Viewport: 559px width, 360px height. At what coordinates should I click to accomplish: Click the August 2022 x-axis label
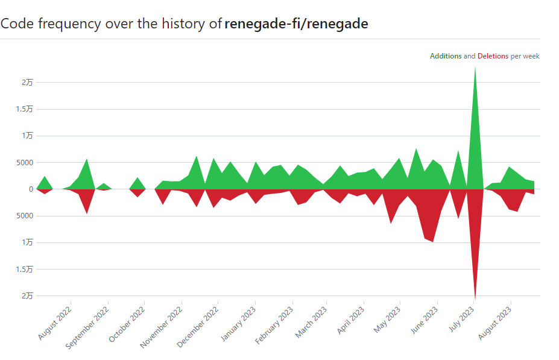coord(55,323)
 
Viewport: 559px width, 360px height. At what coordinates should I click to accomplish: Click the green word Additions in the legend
coord(446,56)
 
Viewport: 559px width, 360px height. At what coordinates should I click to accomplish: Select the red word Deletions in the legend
coord(493,56)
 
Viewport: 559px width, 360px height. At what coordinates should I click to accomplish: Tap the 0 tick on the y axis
coord(30,189)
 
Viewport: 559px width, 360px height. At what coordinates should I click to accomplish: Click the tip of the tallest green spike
coord(475,66)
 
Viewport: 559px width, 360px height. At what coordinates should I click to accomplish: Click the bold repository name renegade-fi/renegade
coord(296,24)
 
